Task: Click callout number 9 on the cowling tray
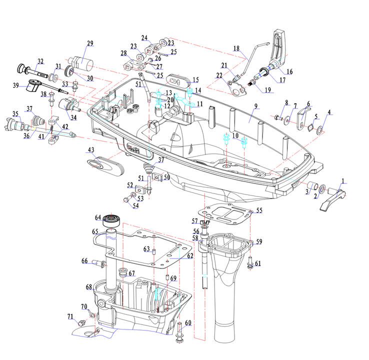[x=255, y=106]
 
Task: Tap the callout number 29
[x=90, y=43]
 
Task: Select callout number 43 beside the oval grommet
[x=91, y=150]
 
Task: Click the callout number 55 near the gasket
[x=259, y=211]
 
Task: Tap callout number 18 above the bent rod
[x=236, y=48]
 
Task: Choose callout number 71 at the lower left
[x=70, y=316]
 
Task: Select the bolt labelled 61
[x=250, y=262]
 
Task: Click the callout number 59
[x=258, y=242]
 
